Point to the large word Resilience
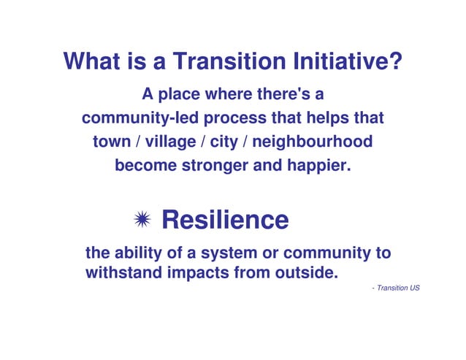click(x=225, y=219)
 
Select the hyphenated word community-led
click(x=140, y=118)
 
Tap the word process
click(x=238, y=118)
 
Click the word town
click(x=110, y=142)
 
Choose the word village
click(x=167, y=142)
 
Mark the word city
click(x=224, y=142)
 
